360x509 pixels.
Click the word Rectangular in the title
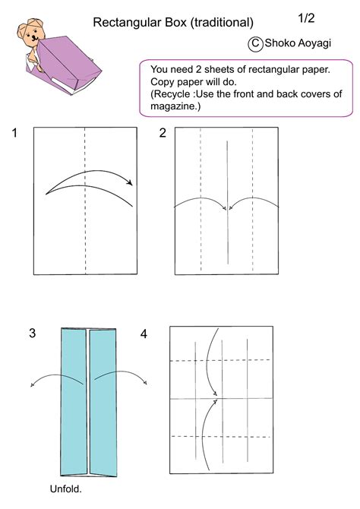pyautogui.click(x=124, y=24)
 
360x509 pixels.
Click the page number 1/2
pyautogui.click(x=307, y=17)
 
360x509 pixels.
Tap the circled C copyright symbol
pyautogui.click(x=255, y=44)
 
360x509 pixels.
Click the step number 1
pyautogui.click(x=14, y=134)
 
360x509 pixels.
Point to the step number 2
pyautogui.click(x=163, y=134)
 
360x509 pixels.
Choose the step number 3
pyautogui.click(x=32, y=333)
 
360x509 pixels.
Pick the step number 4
pyautogui.click(x=144, y=333)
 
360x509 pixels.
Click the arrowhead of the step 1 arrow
pyautogui.click(x=131, y=182)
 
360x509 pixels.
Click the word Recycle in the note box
pyautogui.click(x=176, y=93)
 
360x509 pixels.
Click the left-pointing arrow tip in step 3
pyautogui.click(x=33, y=385)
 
